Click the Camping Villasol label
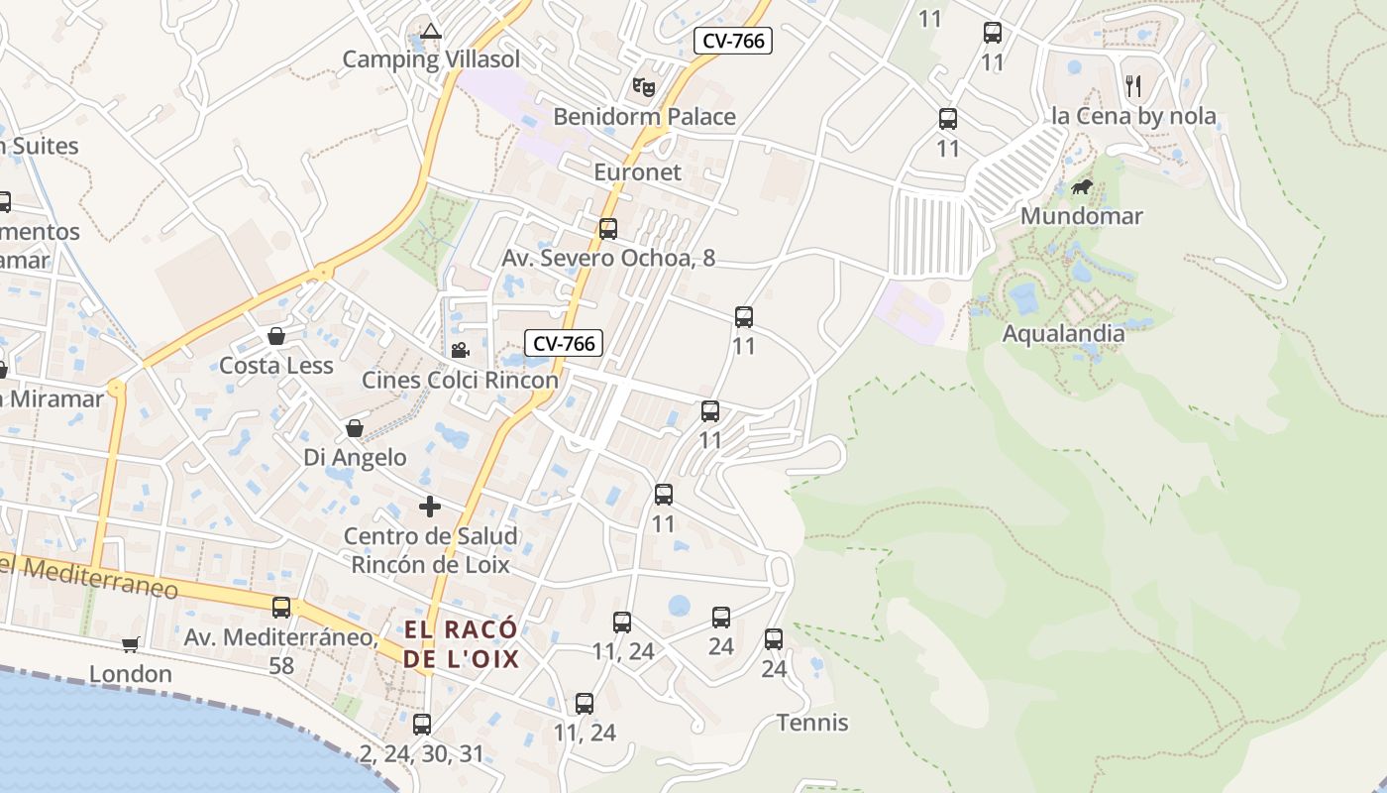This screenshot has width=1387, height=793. pyautogui.click(x=431, y=59)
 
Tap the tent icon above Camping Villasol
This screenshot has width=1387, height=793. pyautogui.click(x=430, y=31)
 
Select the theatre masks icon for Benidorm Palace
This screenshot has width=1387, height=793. pyautogui.click(x=644, y=87)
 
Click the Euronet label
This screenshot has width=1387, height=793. pyautogui.click(x=637, y=172)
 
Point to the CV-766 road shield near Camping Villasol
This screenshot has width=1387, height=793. pyautogui.click(x=732, y=41)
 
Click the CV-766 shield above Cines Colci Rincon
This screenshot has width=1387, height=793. pyautogui.click(x=564, y=344)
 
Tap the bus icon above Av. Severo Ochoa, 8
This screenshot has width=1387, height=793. pyautogui.click(x=608, y=229)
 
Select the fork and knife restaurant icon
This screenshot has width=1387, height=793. pyautogui.click(x=1133, y=86)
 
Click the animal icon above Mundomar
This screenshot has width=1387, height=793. pyautogui.click(x=1081, y=186)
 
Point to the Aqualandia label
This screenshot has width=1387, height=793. pyautogui.click(x=1063, y=333)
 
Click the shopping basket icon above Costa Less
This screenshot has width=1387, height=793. pyautogui.click(x=276, y=336)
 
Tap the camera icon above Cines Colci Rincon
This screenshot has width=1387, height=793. pyautogui.click(x=460, y=350)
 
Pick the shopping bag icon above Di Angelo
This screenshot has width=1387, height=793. pyautogui.click(x=355, y=428)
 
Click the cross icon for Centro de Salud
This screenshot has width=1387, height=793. pyautogui.click(x=430, y=507)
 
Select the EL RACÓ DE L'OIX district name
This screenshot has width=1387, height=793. pyautogui.click(x=461, y=643)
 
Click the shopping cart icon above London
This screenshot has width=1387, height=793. pyautogui.click(x=131, y=645)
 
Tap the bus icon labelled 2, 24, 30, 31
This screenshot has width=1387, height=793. pyautogui.click(x=422, y=725)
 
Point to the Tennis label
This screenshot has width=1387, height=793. pyautogui.click(x=812, y=723)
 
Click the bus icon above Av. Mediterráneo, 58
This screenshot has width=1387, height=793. pyautogui.click(x=281, y=608)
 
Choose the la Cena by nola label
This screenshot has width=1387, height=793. pyautogui.click(x=1133, y=116)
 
